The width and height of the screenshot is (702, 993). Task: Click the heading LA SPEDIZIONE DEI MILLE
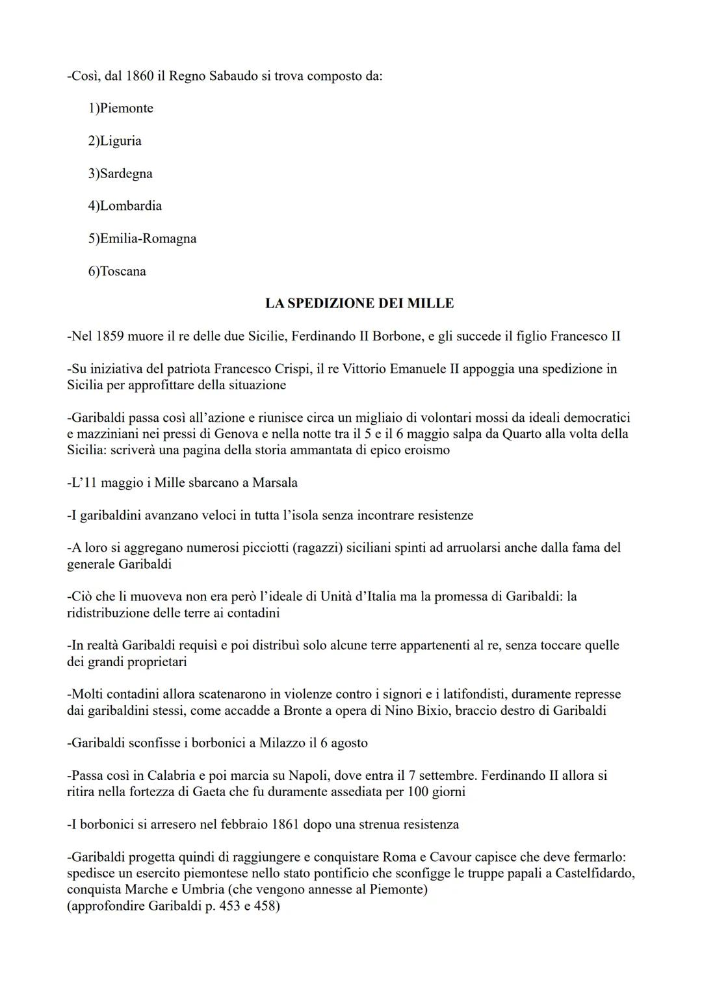point(359,303)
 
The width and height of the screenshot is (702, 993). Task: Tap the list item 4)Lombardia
point(125,206)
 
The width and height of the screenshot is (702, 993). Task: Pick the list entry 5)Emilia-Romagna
point(142,239)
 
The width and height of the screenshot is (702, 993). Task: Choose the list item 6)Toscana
point(117,271)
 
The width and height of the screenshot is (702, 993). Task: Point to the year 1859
point(110,336)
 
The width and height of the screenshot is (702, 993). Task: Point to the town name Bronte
point(303,710)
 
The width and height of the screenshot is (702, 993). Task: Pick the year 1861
point(281,824)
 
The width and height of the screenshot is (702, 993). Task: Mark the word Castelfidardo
point(593,873)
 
